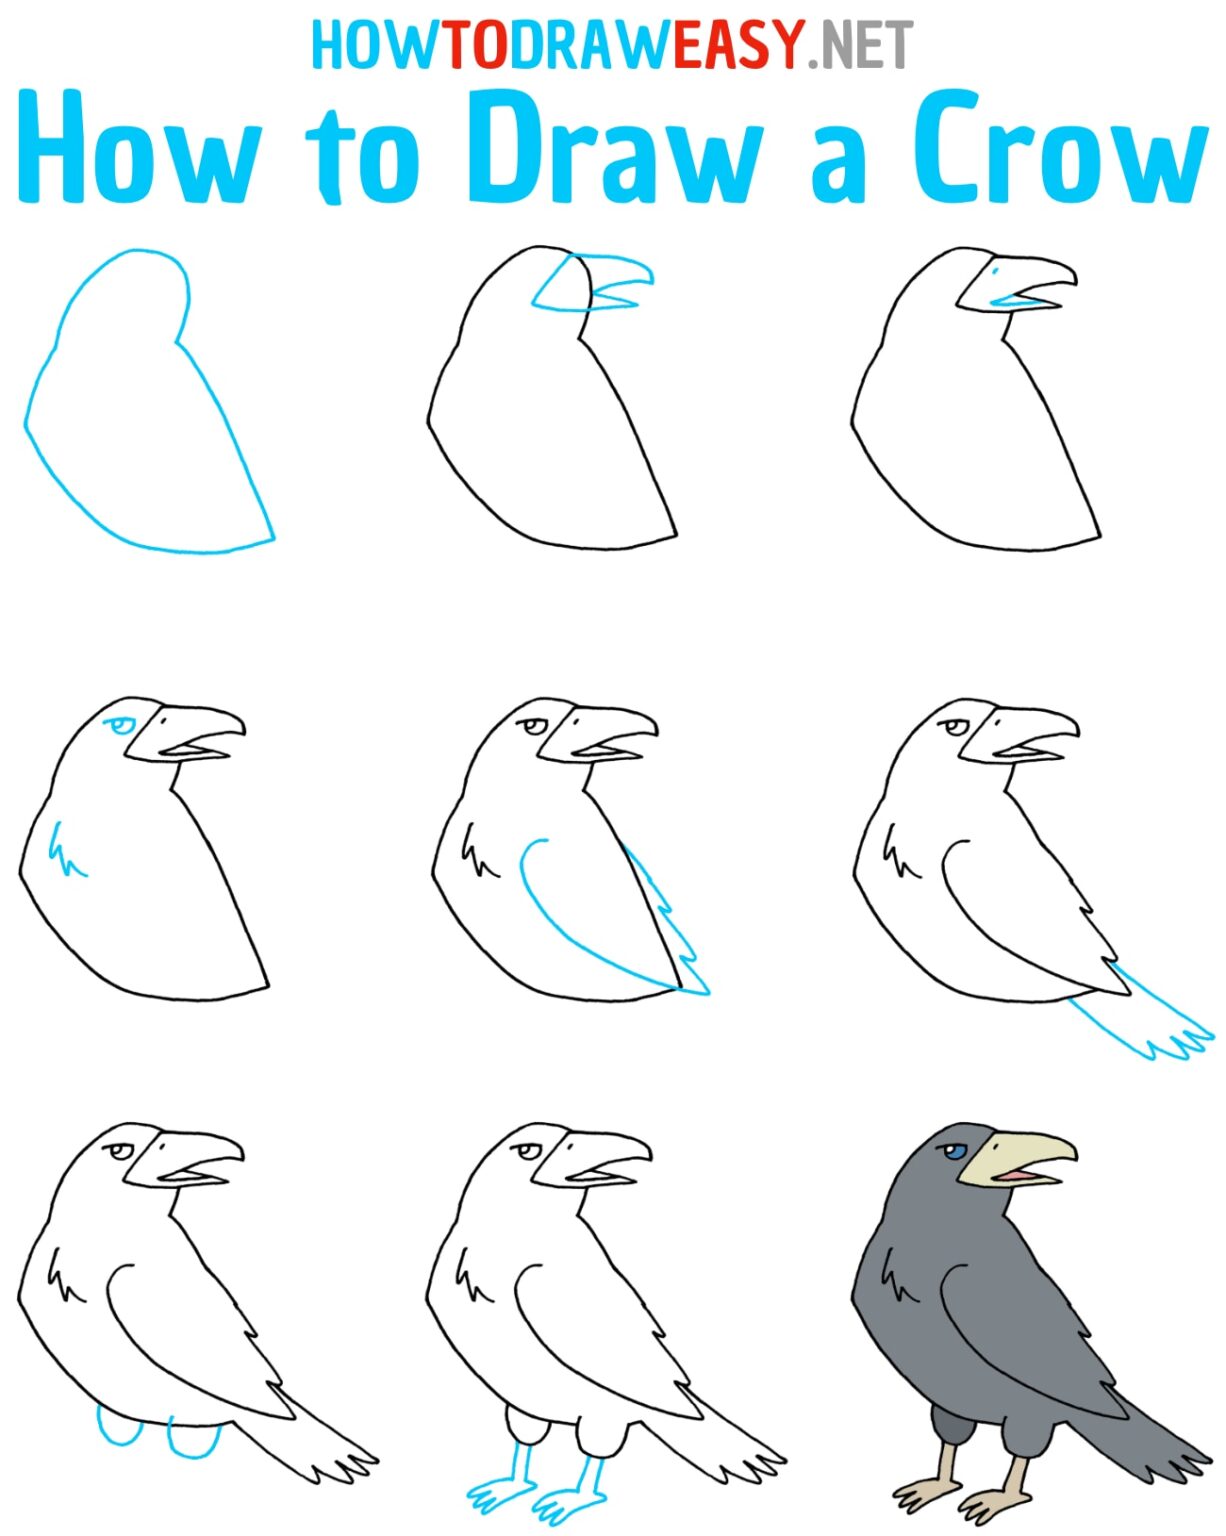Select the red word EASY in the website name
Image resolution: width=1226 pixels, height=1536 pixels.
[738, 44]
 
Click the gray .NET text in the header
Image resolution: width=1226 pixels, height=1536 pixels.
[861, 46]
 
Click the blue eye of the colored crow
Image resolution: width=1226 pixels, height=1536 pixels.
[955, 1152]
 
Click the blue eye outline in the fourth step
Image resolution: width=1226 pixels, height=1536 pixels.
[121, 725]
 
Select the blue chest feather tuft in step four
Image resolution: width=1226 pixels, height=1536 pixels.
[65, 850]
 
